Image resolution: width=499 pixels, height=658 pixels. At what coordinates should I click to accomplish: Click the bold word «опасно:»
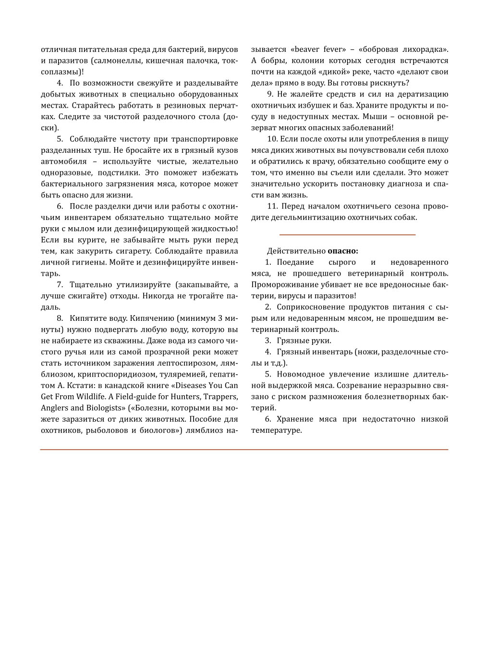pyautogui.click(x=343, y=251)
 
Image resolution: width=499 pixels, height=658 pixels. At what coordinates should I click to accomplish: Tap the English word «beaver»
pyautogui.click(x=306, y=49)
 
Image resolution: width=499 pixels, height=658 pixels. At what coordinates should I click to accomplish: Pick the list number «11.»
pyautogui.click(x=272, y=206)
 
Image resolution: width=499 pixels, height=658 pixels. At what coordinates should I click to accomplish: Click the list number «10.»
pyautogui.click(x=272, y=139)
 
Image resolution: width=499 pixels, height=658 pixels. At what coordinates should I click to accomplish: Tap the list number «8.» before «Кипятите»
pyautogui.click(x=60, y=318)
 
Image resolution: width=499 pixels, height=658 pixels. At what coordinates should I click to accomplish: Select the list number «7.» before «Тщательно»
pyautogui.click(x=60, y=284)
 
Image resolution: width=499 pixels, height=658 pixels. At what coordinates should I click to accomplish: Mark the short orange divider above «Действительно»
pyautogui.click(x=347, y=234)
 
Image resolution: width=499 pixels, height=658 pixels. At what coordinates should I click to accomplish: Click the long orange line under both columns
pyautogui.click(x=244, y=450)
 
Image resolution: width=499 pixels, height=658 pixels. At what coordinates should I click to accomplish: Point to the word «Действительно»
pyautogui.click(x=296, y=251)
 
